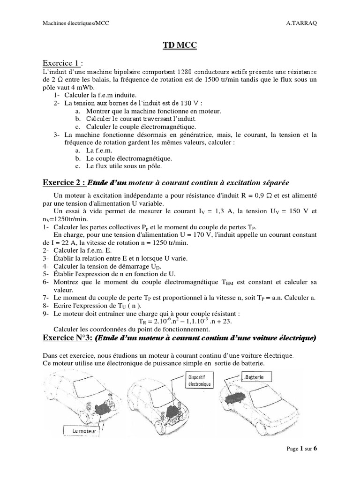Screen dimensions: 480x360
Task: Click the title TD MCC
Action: click(180, 45)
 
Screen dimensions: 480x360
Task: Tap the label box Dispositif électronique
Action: click(200, 380)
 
